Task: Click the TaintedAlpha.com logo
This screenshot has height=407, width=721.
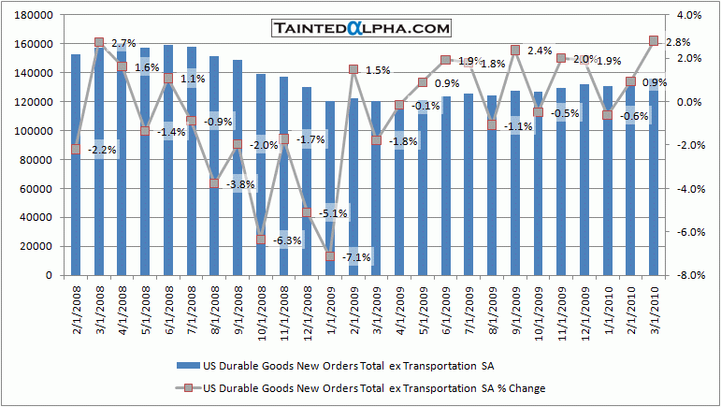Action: [361, 29]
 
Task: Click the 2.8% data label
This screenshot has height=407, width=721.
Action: [678, 41]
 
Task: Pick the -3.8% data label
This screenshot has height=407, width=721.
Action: [241, 184]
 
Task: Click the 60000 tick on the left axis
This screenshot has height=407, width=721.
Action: [37, 189]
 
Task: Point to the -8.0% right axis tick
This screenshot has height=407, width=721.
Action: [690, 276]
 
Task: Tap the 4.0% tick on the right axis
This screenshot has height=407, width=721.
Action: [690, 16]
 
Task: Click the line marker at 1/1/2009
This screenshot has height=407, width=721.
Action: [330, 256]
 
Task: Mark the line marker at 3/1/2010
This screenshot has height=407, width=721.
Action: [655, 41]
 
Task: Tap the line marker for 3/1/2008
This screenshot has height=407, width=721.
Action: [99, 43]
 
